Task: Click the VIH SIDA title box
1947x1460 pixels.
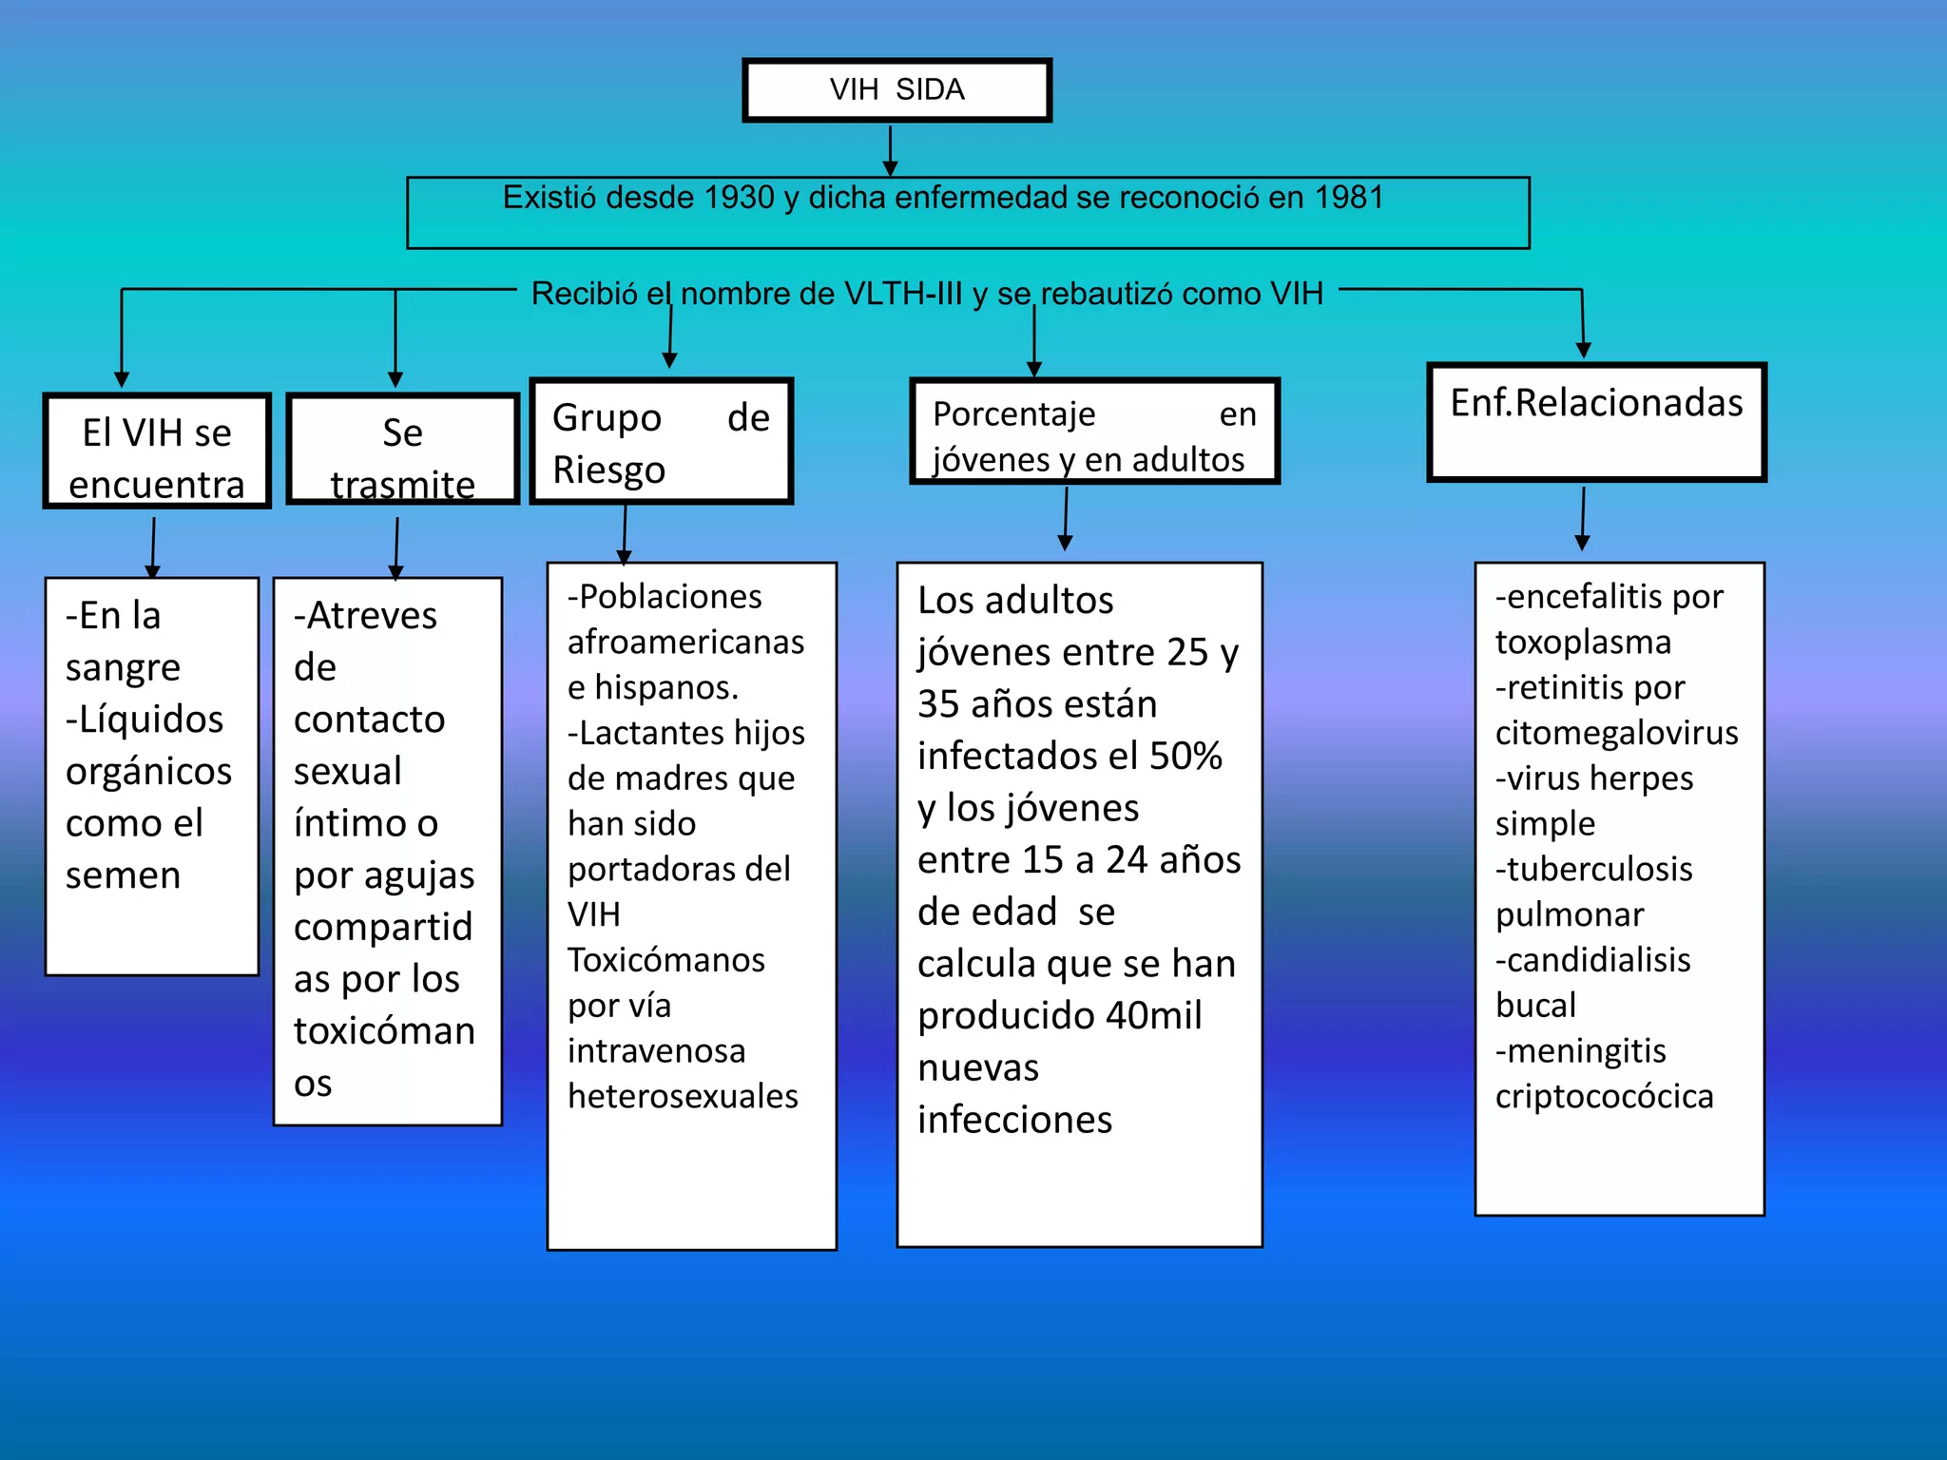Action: click(x=896, y=90)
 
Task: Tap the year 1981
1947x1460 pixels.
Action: click(x=1349, y=198)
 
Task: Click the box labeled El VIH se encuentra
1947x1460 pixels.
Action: click(x=157, y=451)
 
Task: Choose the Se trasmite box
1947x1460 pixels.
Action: click(x=402, y=450)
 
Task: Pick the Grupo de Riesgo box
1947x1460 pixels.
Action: click(x=661, y=442)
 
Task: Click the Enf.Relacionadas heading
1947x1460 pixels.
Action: click(x=1596, y=403)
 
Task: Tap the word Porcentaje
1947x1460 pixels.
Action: click(x=1013, y=414)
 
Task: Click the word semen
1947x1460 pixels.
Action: click(x=123, y=875)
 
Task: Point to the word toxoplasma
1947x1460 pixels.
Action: click(x=1583, y=643)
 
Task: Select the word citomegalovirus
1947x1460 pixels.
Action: click(x=1616, y=733)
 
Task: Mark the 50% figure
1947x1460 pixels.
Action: click(x=1186, y=757)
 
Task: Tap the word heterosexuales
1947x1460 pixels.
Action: click(x=683, y=1097)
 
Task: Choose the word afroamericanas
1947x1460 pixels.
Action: click(x=685, y=643)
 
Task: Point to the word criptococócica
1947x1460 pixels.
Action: click(x=1604, y=1097)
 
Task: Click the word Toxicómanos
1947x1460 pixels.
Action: click(x=665, y=960)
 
